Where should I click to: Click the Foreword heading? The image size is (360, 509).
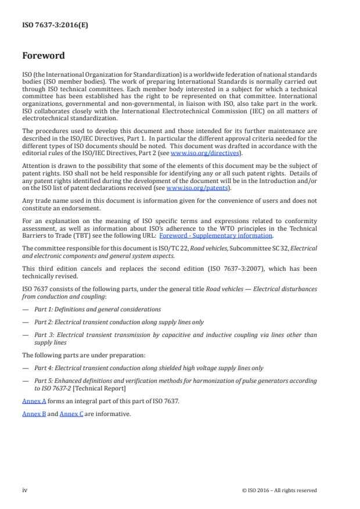(43, 56)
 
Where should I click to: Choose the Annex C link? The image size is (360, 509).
(71, 414)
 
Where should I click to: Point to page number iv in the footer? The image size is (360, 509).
(25, 490)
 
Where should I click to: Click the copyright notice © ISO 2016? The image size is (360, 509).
(279, 490)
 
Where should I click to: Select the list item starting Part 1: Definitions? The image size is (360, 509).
(98, 309)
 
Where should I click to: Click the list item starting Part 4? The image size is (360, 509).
(149, 368)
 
